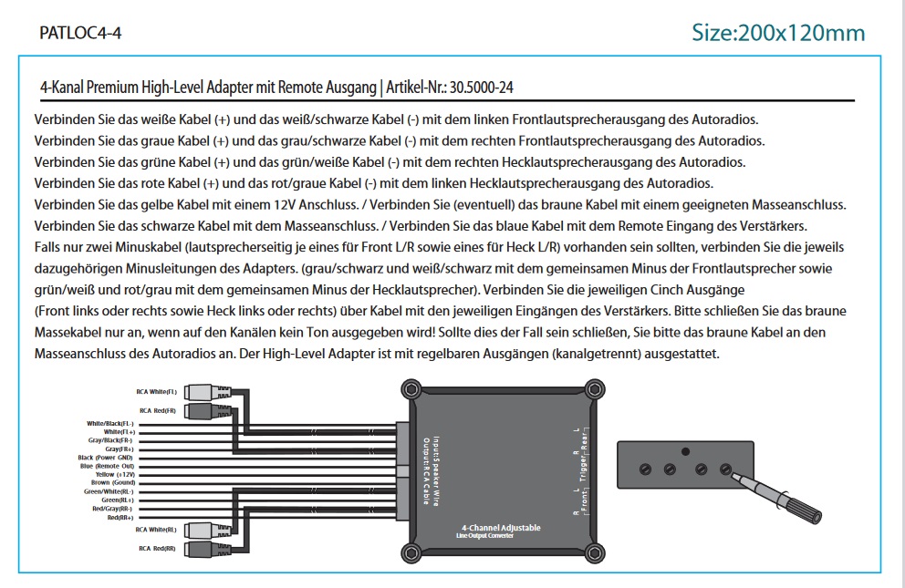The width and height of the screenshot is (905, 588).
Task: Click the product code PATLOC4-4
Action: (81, 33)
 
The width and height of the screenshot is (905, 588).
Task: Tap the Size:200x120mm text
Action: (777, 33)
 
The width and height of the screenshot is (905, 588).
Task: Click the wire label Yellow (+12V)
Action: (114, 474)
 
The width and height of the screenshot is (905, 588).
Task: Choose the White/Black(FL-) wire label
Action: (110, 424)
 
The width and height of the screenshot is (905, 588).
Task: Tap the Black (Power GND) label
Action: (106, 457)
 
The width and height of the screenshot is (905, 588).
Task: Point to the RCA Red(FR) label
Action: (157, 411)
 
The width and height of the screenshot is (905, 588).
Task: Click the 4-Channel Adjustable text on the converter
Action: (501, 528)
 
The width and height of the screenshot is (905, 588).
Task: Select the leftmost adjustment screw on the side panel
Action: (645, 469)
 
